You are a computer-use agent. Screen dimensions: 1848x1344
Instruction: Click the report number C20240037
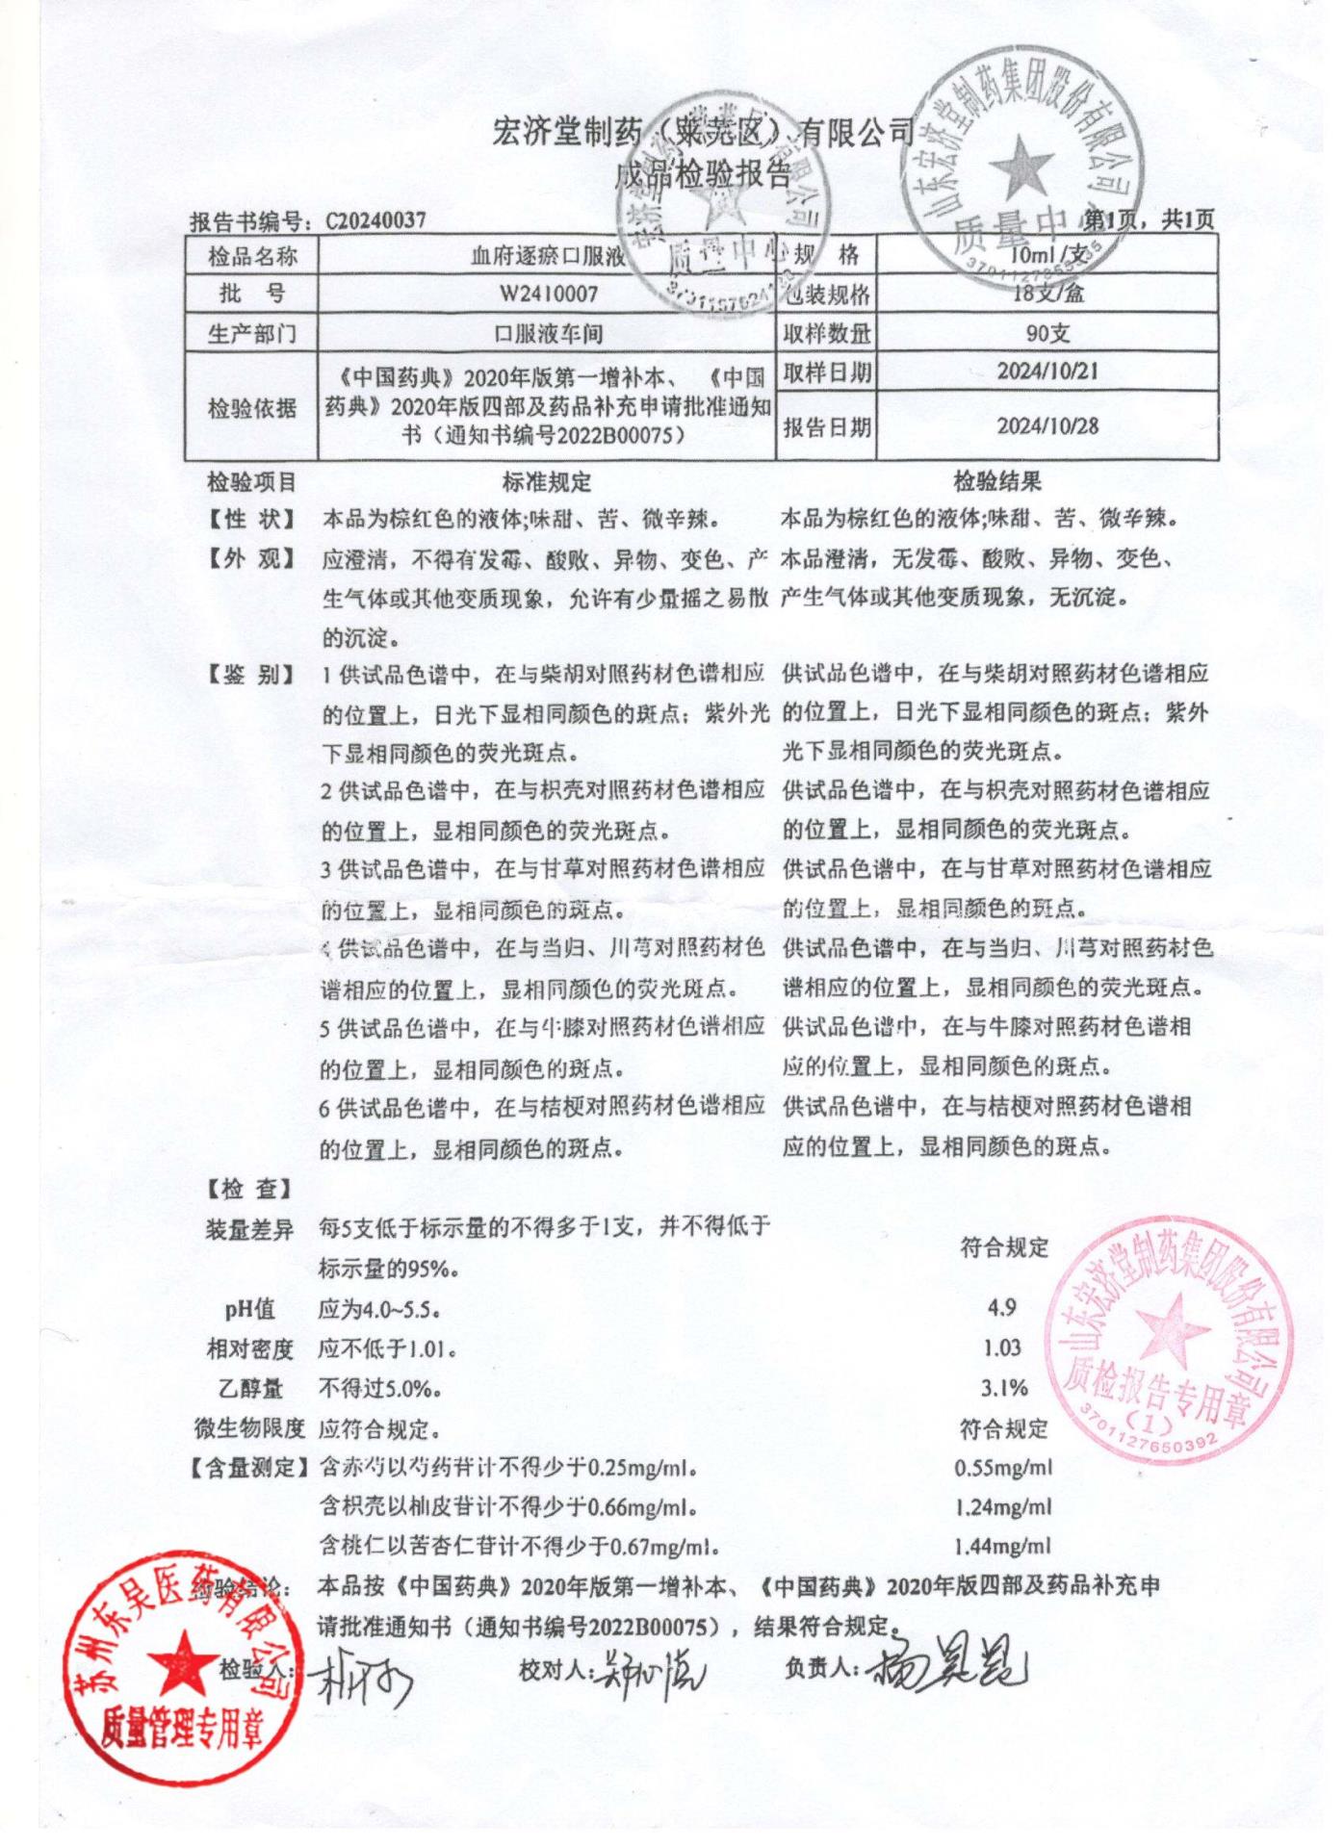coord(375,221)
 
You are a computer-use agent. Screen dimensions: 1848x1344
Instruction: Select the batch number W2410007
coord(548,294)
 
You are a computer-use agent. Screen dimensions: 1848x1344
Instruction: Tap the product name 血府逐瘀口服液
coord(548,256)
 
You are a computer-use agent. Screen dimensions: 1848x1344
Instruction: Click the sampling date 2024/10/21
coord(1047,371)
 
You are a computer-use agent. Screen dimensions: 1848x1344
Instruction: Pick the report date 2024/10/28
coord(1047,425)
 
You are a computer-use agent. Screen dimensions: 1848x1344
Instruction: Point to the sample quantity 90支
coord(1047,334)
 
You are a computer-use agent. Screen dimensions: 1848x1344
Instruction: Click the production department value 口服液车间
coord(548,334)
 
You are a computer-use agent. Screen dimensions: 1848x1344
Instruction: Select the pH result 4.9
coord(1002,1307)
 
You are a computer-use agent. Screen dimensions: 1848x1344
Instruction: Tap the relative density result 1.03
coord(1002,1347)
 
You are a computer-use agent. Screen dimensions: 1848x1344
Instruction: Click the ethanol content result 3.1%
coord(1005,1388)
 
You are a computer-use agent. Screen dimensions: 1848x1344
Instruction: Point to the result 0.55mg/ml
coord(1003,1468)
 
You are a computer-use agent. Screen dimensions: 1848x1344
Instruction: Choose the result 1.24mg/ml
coord(1003,1507)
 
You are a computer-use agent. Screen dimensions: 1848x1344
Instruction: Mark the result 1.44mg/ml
coord(1003,1547)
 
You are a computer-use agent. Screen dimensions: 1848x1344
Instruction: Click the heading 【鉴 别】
coord(250,675)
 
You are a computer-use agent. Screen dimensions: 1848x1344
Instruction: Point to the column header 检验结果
coord(997,481)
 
